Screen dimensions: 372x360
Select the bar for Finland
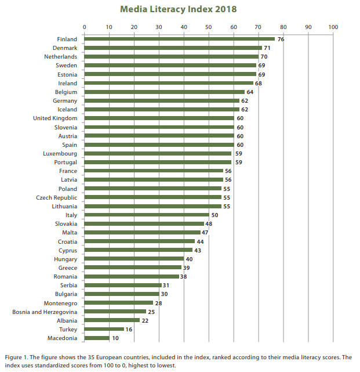[x=180, y=39]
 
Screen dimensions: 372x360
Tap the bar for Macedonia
[x=97, y=338]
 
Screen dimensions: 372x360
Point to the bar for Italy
[x=147, y=215]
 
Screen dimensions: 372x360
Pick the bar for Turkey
[x=104, y=329]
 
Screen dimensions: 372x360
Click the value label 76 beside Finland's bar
[x=281, y=39]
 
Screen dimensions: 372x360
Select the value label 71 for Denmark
[x=267, y=48]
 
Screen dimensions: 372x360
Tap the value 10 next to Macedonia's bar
[x=115, y=338]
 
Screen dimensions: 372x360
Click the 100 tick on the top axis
[x=333, y=27]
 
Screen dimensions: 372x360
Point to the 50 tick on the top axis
[x=209, y=27]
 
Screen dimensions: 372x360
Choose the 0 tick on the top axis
[x=85, y=27]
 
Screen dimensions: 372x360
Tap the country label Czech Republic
[x=57, y=197]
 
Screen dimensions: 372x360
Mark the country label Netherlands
[x=61, y=57]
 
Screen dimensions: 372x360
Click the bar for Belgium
[x=165, y=92]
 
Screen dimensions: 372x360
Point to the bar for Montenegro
[x=119, y=302]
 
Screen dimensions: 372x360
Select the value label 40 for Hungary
[x=189, y=259]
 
